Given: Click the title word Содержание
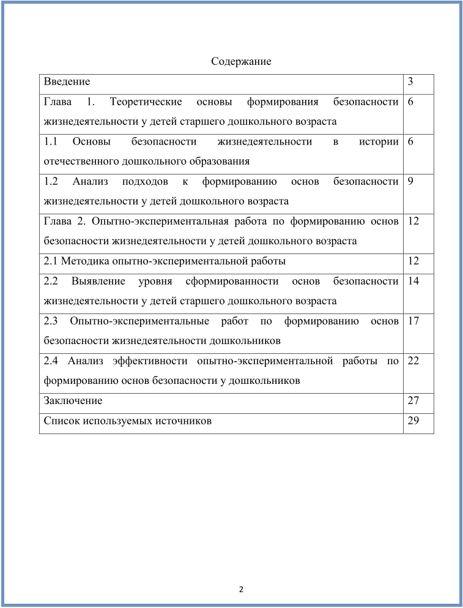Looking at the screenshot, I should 241,62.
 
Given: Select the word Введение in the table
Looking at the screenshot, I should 67,81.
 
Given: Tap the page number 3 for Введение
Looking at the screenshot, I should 410,81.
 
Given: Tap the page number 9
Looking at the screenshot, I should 410,181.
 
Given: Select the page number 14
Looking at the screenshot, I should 413,281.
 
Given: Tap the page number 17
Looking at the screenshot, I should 413,321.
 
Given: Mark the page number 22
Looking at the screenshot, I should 413,361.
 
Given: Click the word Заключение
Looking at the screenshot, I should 73,401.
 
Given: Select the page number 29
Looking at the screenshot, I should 413,421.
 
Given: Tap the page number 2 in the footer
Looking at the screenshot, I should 241,590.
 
